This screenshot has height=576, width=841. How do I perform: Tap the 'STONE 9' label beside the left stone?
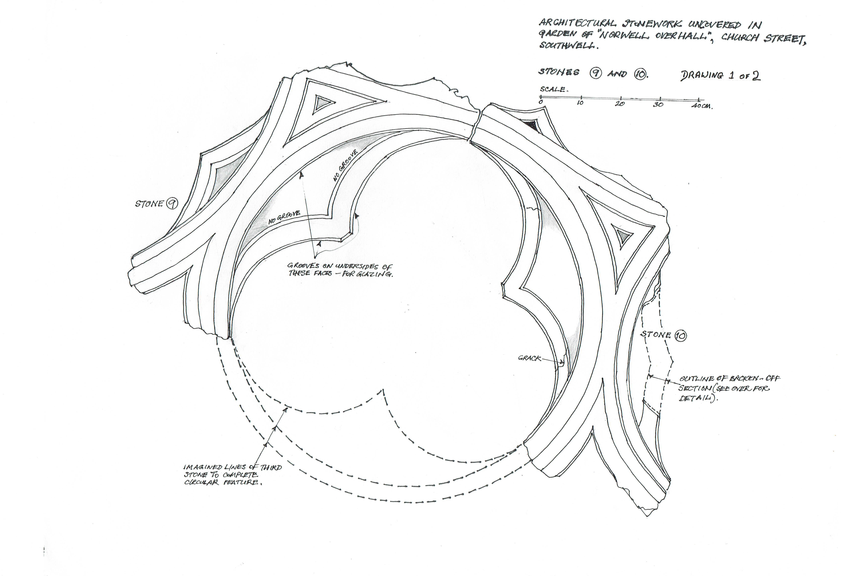tap(156, 204)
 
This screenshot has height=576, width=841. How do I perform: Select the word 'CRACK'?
tap(529, 358)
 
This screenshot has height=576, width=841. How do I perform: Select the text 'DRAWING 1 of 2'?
tap(720, 75)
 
